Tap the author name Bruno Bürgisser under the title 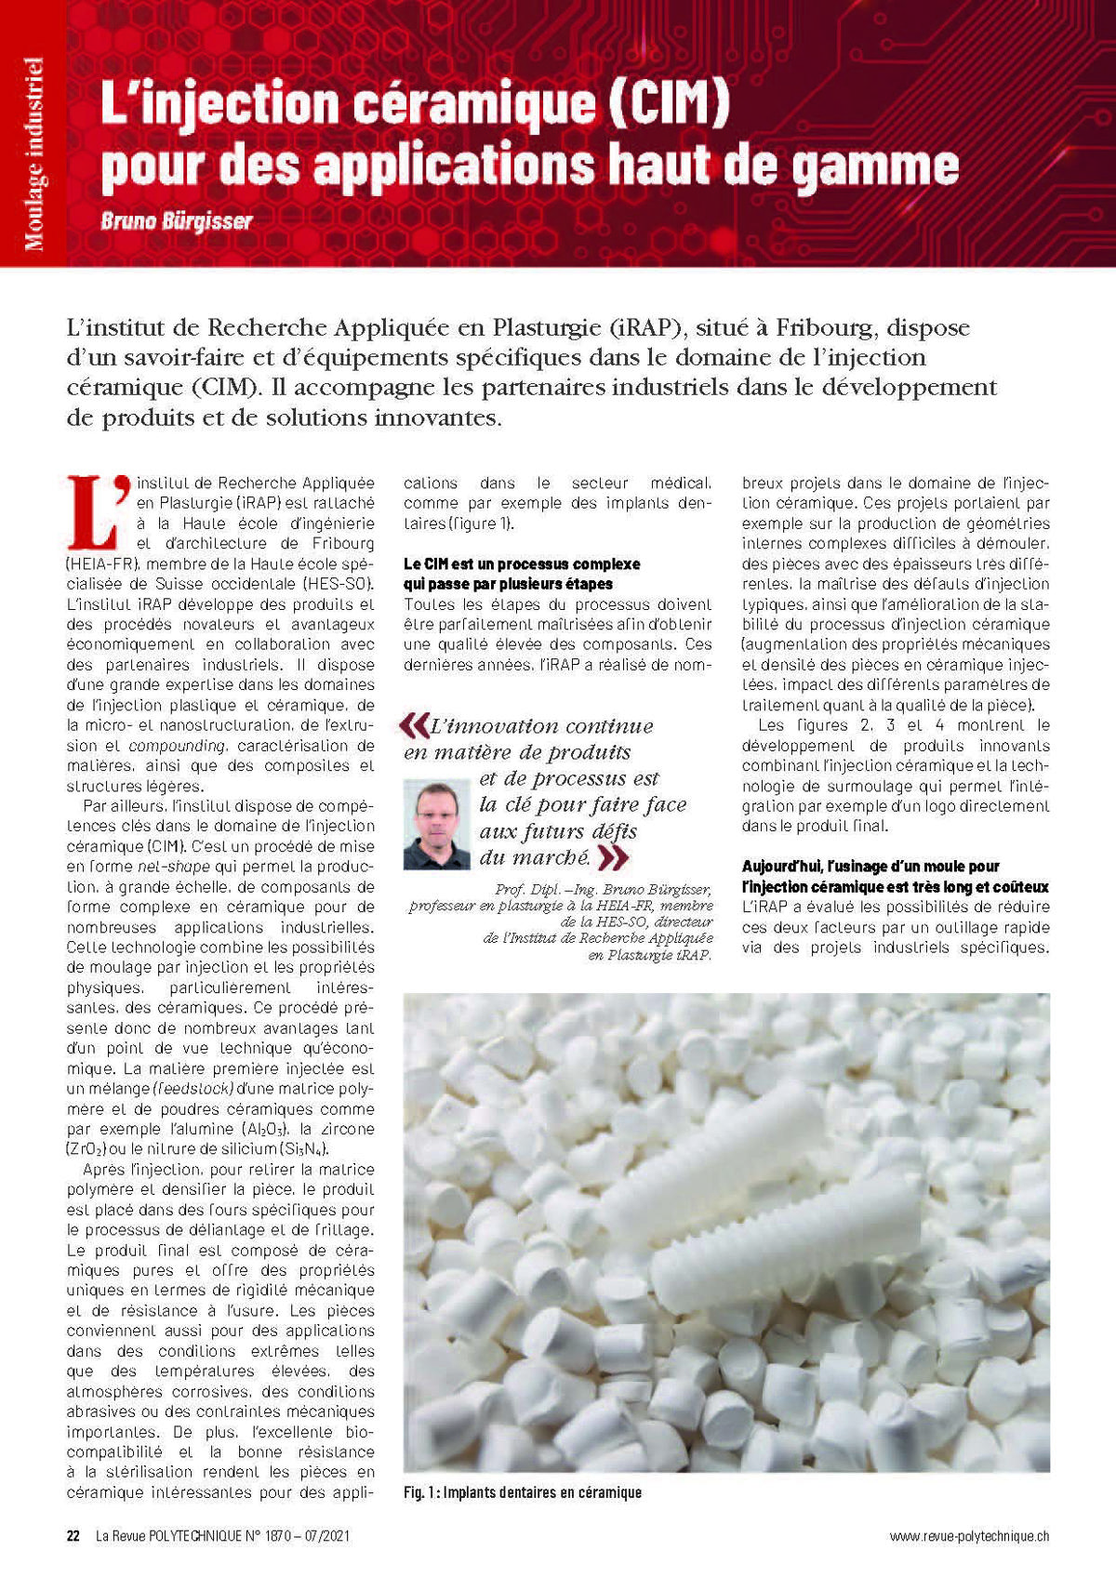177,222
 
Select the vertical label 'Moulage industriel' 33,154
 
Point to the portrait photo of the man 437,824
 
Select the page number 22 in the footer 73,1535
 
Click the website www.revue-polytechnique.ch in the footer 969,1536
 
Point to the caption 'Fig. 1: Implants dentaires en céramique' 523,1492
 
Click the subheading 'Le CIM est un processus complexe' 522,563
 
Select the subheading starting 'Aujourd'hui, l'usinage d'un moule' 870,866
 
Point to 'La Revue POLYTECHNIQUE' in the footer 166,1536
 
